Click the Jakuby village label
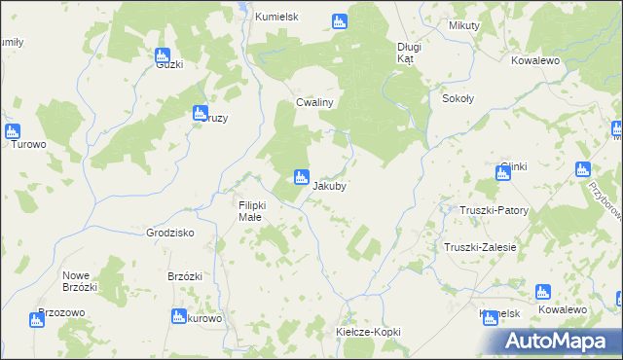330,185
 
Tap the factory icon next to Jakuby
301,177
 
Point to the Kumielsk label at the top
275,18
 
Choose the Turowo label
28,145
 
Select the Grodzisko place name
170,234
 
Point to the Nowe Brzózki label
80,280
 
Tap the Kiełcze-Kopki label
368,332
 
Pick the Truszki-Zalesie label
480,247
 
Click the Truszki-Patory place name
494,210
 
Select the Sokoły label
458,98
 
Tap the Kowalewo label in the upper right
534,59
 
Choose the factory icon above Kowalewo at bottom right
543,292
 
